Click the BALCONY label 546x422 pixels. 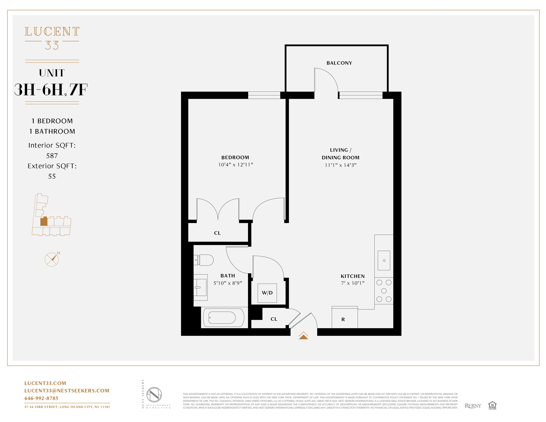coord(339,63)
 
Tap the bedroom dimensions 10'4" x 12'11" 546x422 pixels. coord(235,165)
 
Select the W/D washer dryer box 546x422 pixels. coord(267,293)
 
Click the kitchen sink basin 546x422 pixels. coord(384,261)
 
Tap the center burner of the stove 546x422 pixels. coord(384,291)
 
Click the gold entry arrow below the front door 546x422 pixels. coord(303,336)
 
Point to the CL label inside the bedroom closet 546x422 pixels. coord(217,233)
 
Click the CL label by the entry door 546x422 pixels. coord(274,319)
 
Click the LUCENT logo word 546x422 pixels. coord(52,32)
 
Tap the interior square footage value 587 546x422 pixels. coord(52,156)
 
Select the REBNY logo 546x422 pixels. coord(473,406)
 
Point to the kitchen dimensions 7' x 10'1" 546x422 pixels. coord(352,283)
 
